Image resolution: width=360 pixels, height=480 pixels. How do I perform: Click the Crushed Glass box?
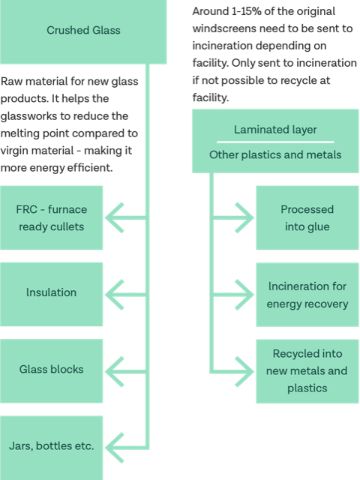coord(83,31)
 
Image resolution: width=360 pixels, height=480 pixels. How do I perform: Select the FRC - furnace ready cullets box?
coord(51,217)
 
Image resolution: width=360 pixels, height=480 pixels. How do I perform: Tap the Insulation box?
coord(51,295)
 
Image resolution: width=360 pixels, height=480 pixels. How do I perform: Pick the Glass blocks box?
coord(51,371)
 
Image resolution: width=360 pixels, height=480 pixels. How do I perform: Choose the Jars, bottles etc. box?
coord(51,448)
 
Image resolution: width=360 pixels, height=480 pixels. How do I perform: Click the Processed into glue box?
coord(307,217)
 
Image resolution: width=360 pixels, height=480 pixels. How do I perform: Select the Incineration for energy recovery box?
coord(307,295)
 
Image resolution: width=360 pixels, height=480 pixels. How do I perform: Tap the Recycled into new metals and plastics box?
coord(307,371)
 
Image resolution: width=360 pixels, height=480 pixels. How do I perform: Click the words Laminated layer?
coord(275,130)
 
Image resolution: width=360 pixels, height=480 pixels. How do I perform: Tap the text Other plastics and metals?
coord(275,155)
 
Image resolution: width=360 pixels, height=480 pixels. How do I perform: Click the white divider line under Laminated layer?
coord(275,142)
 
